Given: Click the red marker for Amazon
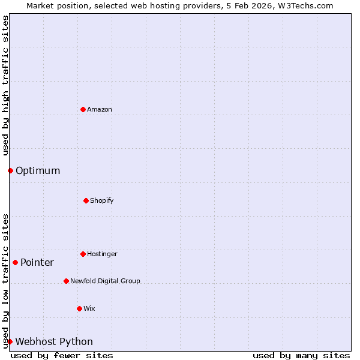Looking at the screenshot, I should pos(83,109).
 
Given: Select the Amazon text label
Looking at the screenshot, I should pos(100,109).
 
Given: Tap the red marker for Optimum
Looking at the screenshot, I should pos(10,170).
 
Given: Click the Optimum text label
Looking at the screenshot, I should pos(38,171).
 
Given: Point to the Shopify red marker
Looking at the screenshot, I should pos(86,200).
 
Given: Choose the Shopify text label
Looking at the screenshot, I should pos(102,200).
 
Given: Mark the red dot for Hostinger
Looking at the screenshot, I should pos(83,254).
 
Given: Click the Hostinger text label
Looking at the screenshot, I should pos(102,254).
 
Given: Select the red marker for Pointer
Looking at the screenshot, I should pos(15,262).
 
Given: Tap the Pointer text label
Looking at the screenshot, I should pos(37,263).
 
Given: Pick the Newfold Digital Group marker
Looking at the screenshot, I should pos(66,281).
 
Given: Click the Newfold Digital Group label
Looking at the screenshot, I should pos(105,281).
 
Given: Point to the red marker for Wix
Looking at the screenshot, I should pos(79,308).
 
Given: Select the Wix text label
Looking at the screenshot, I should pos(89,308).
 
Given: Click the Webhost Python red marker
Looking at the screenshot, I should pos(10,341).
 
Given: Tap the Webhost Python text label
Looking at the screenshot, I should pos(54,342).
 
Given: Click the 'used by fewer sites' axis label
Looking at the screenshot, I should pos(62,355).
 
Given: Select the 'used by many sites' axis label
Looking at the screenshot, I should pos(301,355).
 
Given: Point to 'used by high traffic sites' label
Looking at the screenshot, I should pos(5,85).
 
